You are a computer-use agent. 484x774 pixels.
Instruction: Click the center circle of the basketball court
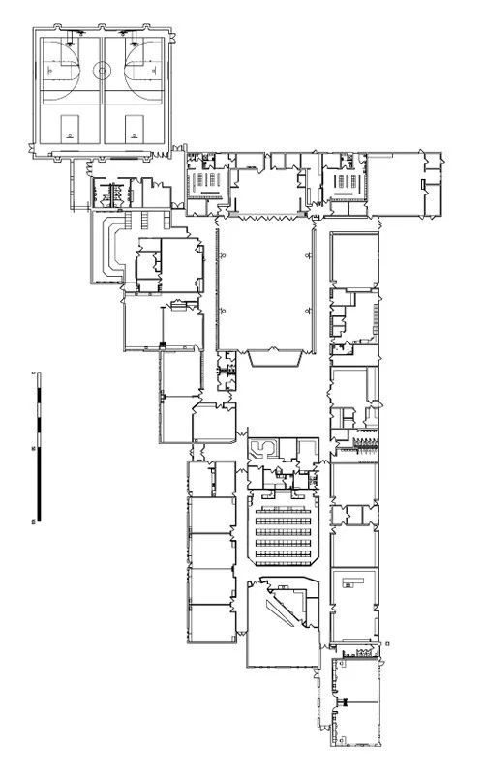102,69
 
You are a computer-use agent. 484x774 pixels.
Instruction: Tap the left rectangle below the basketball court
70,126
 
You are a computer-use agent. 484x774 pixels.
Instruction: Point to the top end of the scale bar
35,372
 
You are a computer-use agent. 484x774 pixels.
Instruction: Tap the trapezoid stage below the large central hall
274,358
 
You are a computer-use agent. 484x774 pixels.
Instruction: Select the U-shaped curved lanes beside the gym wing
109,248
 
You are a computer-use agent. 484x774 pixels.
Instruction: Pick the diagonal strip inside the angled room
287,610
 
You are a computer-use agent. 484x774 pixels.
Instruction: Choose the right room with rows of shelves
345,183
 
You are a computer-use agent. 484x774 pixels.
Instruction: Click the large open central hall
265,285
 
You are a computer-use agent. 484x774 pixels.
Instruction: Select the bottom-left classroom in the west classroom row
211,624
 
